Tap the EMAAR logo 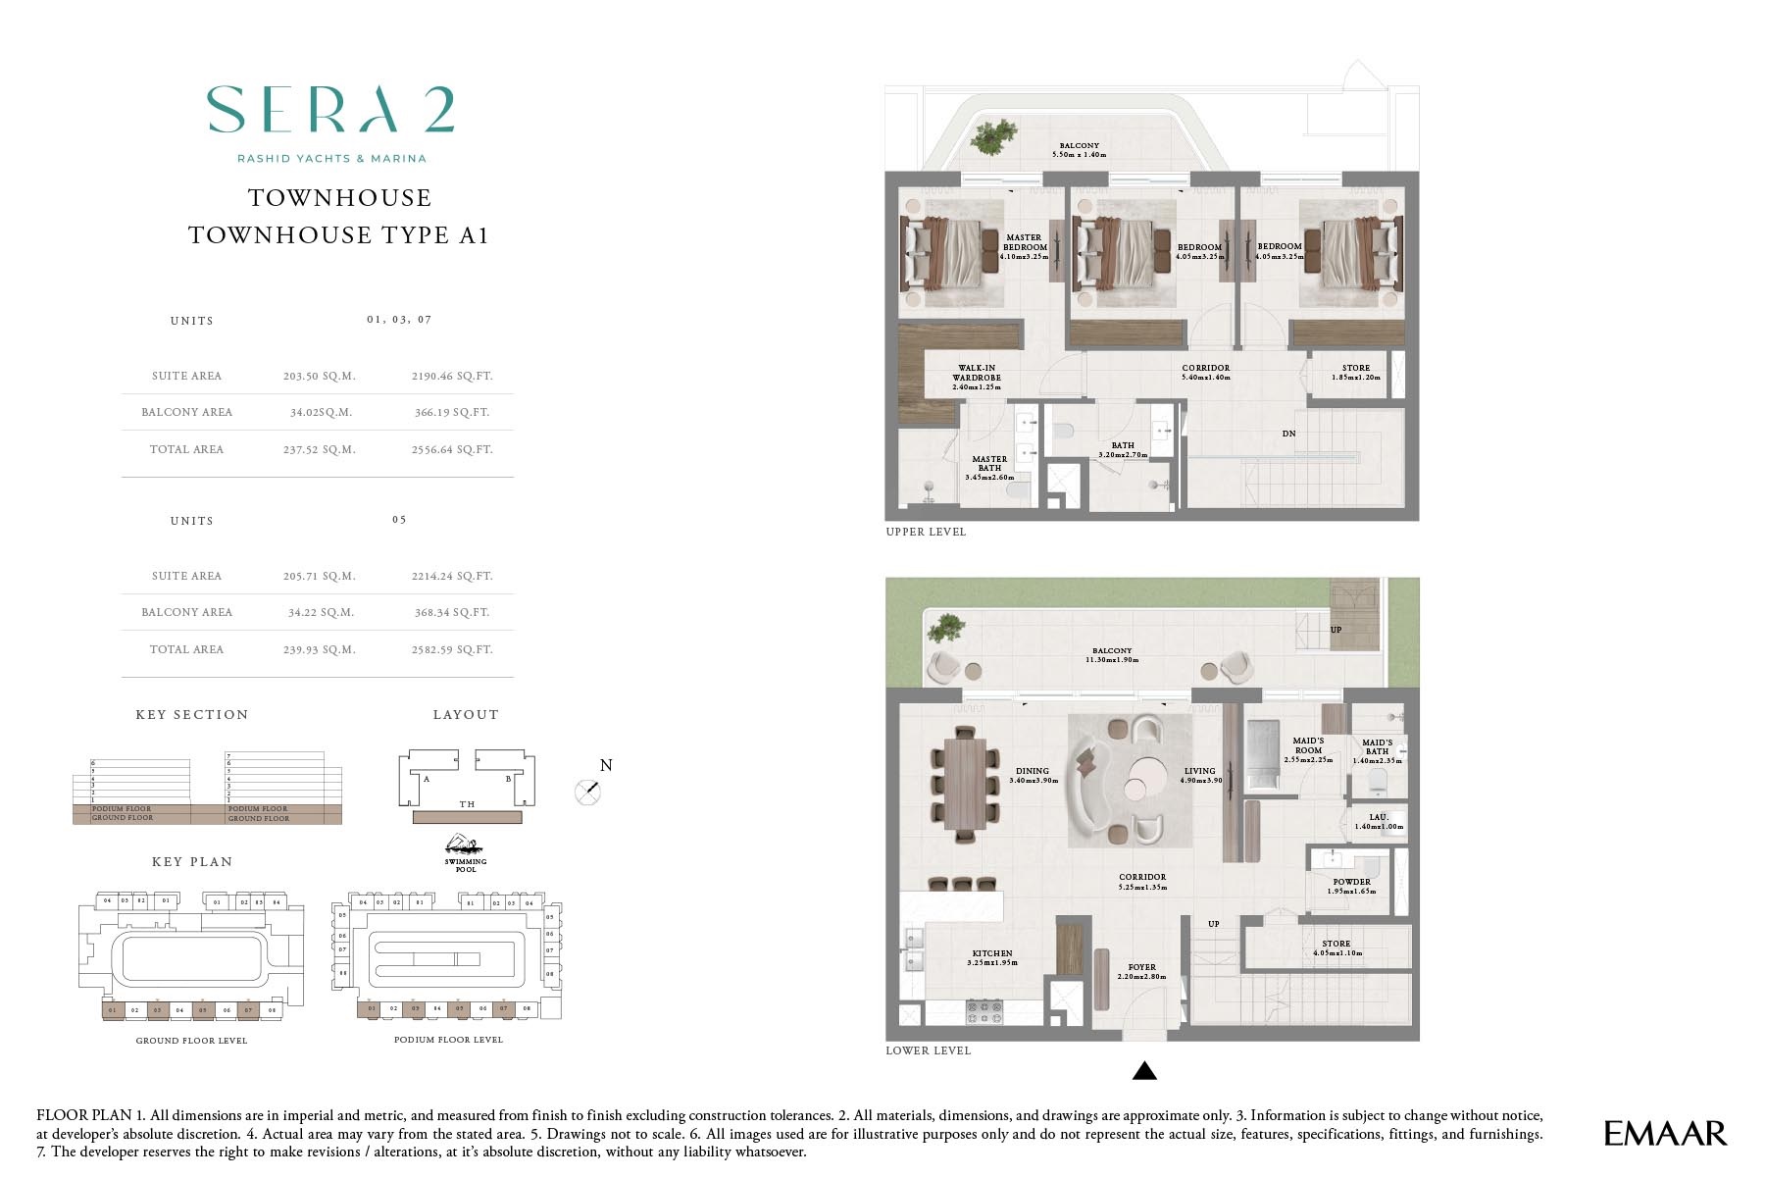click(x=1664, y=1134)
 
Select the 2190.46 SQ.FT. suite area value click(x=451, y=376)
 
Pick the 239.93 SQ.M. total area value click(x=319, y=649)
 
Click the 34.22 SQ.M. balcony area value click(x=321, y=612)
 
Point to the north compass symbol click(x=587, y=792)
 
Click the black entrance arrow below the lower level click(x=1144, y=1071)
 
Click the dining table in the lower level click(x=966, y=784)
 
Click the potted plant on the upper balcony click(x=994, y=136)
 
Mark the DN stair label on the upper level click(x=1288, y=434)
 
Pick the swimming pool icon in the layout click(x=464, y=845)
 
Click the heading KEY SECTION click(x=192, y=715)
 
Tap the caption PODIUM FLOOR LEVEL click(x=448, y=1040)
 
